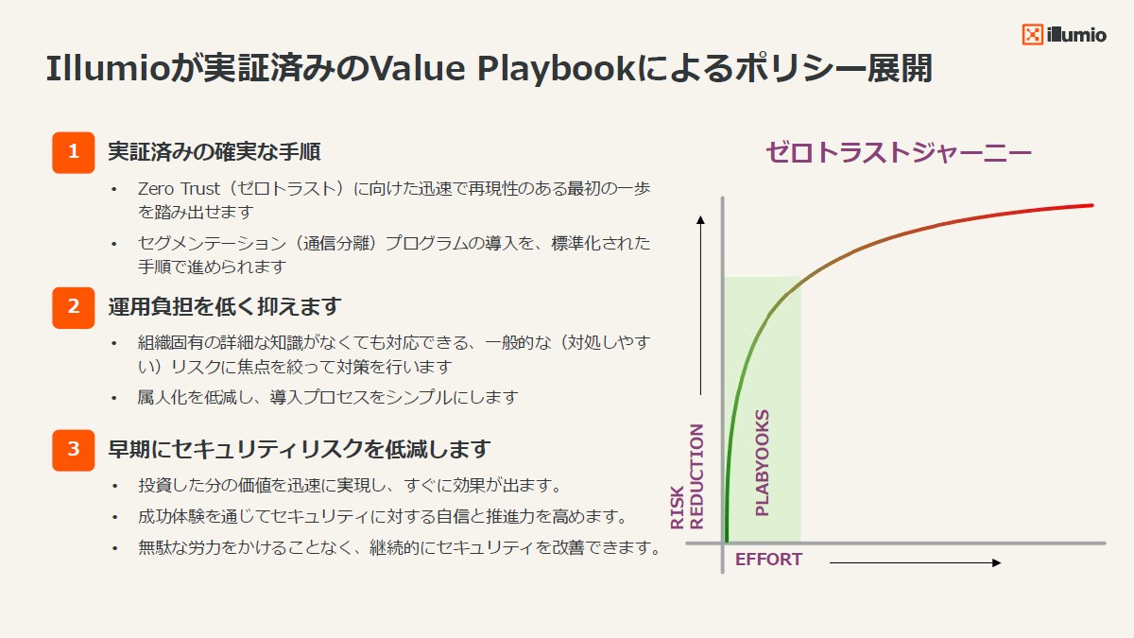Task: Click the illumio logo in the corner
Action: pos(1064,35)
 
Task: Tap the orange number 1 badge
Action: pos(74,152)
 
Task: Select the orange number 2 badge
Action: pos(74,307)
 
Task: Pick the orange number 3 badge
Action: pos(74,449)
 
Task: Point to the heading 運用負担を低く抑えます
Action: pos(224,306)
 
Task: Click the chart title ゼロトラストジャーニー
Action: pos(898,153)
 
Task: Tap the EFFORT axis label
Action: pos(768,560)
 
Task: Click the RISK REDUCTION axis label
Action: pos(688,476)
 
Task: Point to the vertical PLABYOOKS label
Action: pos(763,462)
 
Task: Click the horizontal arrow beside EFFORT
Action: pos(914,563)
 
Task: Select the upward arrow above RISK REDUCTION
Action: pos(700,302)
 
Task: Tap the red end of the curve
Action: pos(1087,206)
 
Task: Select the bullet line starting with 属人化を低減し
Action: pos(328,397)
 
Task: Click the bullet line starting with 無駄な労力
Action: pos(398,547)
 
